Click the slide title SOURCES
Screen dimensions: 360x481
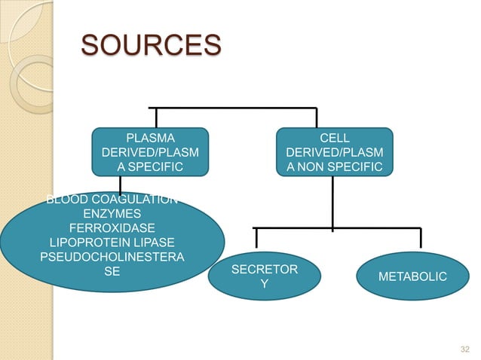(x=151, y=46)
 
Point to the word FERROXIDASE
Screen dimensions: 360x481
(x=112, y=228)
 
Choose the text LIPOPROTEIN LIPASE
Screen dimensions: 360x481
(x=112, y=243)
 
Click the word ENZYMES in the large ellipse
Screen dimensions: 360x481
(x=112, y=214)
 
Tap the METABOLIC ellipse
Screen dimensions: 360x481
(x=412, y=277)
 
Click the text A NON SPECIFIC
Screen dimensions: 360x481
(x=334, y=167)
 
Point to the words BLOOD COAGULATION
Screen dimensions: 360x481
(x=112, y=200)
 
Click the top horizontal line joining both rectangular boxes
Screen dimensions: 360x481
(x=234, y=108)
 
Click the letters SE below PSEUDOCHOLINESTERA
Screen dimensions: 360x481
(x=112, y=271)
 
